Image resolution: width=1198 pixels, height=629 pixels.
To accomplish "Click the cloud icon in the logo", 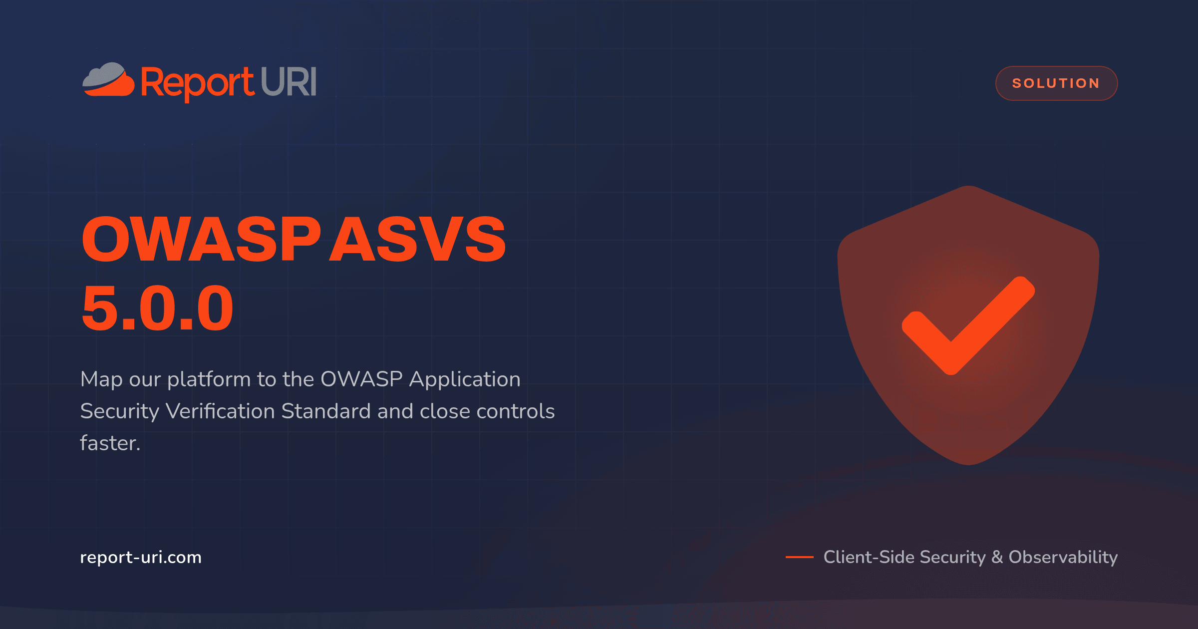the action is click(x=108, y=79).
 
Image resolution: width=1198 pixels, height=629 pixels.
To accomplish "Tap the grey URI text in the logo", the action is click(x=289, y=81).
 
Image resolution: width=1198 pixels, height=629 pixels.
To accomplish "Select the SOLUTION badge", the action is click(x=1056, y=83).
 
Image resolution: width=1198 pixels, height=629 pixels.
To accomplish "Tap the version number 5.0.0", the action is click(x=158, y=308).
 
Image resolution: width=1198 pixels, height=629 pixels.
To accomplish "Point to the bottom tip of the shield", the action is click(x=968, y=465).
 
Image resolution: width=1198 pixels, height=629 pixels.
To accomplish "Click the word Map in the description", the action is click(x=101, y=380).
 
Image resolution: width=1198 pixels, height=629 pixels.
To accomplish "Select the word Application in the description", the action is click(x=465, y=380).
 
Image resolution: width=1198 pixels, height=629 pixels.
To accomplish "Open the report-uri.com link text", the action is click(x=141, y=557).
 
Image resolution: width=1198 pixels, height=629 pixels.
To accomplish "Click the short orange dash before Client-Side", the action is click(x=799, y=557).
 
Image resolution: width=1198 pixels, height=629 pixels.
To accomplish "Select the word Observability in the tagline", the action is click(x=1063, y=557).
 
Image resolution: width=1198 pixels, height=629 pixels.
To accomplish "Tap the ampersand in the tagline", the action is click(x=997, y=557).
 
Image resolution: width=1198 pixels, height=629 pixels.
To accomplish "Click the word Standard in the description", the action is click(x=326, y=411).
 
